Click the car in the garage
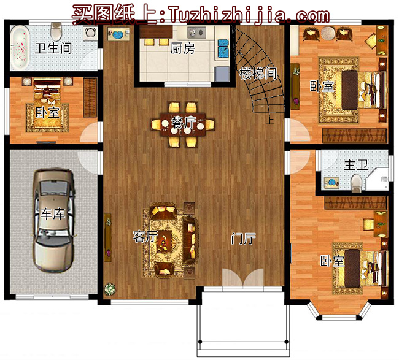click(x=53, y=220)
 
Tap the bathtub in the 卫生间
click(x=20, y=48)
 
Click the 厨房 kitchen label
click(x=183, y=48)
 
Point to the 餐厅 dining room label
click(x=183, y=123)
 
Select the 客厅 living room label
click(x=145, y=237)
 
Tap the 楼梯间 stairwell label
click(x=258, y=73)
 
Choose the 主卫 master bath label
click(x=356, y=165)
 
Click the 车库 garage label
click(x=53, y=213)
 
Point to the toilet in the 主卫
click(x=356, y=183)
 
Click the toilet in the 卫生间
click(x=56, y=31)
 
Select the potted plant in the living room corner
click(x=110, y=289)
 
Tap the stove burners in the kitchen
click(x=196, y=33)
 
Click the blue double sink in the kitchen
click(x=223, y=48)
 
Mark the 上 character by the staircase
click(x=270, y=120)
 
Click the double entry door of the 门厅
click(x=243, y=278)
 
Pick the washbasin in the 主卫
click(x=331, y=183)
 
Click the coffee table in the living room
click(x=164, y=241)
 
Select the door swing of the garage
click(x=88, y=163)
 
